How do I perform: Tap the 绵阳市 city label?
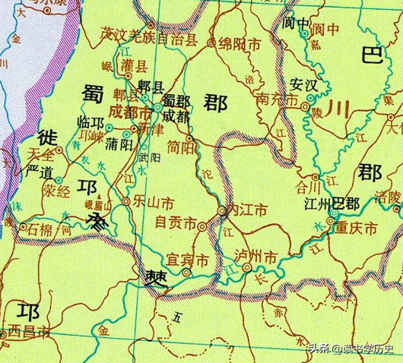pyautogui.click(x=237, y=44)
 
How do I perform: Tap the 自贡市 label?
pyautogui.click(x=176, y=223)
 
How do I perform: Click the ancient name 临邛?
pyautogui.click(x=96, y=125)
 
